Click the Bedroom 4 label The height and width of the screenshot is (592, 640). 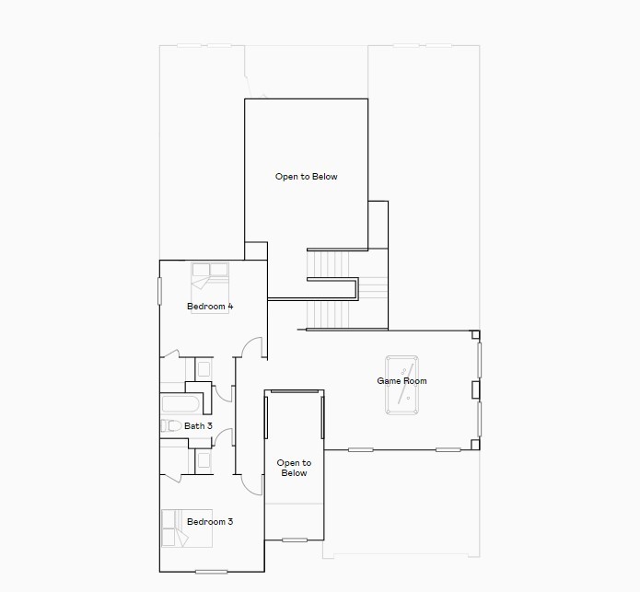click(x=209, y=306)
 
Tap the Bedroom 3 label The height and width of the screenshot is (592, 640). click(x=210, y=522)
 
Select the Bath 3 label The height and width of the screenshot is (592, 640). click(x=198, y=426)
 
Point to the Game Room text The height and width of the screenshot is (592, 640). click(x=401, y=381)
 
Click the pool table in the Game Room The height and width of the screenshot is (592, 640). click(x=403, y=381)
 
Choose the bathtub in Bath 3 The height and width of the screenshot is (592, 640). click(x=180, y=405)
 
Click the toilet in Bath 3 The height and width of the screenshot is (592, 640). click(x=169, y=426)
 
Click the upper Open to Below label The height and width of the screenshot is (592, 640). click(x=306, y=176)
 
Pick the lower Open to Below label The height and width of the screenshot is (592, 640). click(x=294, y=468)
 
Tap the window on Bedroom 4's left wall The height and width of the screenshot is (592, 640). click(x=160, y=290)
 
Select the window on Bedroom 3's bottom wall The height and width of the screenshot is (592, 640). click(x=211, y=572)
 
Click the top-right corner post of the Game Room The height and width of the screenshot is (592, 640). click(x=475, y=334)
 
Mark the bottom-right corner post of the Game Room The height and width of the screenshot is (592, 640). click(x=475, y=446)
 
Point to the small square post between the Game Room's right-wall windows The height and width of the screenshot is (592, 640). click(x=475, y=389)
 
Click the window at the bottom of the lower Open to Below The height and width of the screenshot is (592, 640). click(x=295, y=540)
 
